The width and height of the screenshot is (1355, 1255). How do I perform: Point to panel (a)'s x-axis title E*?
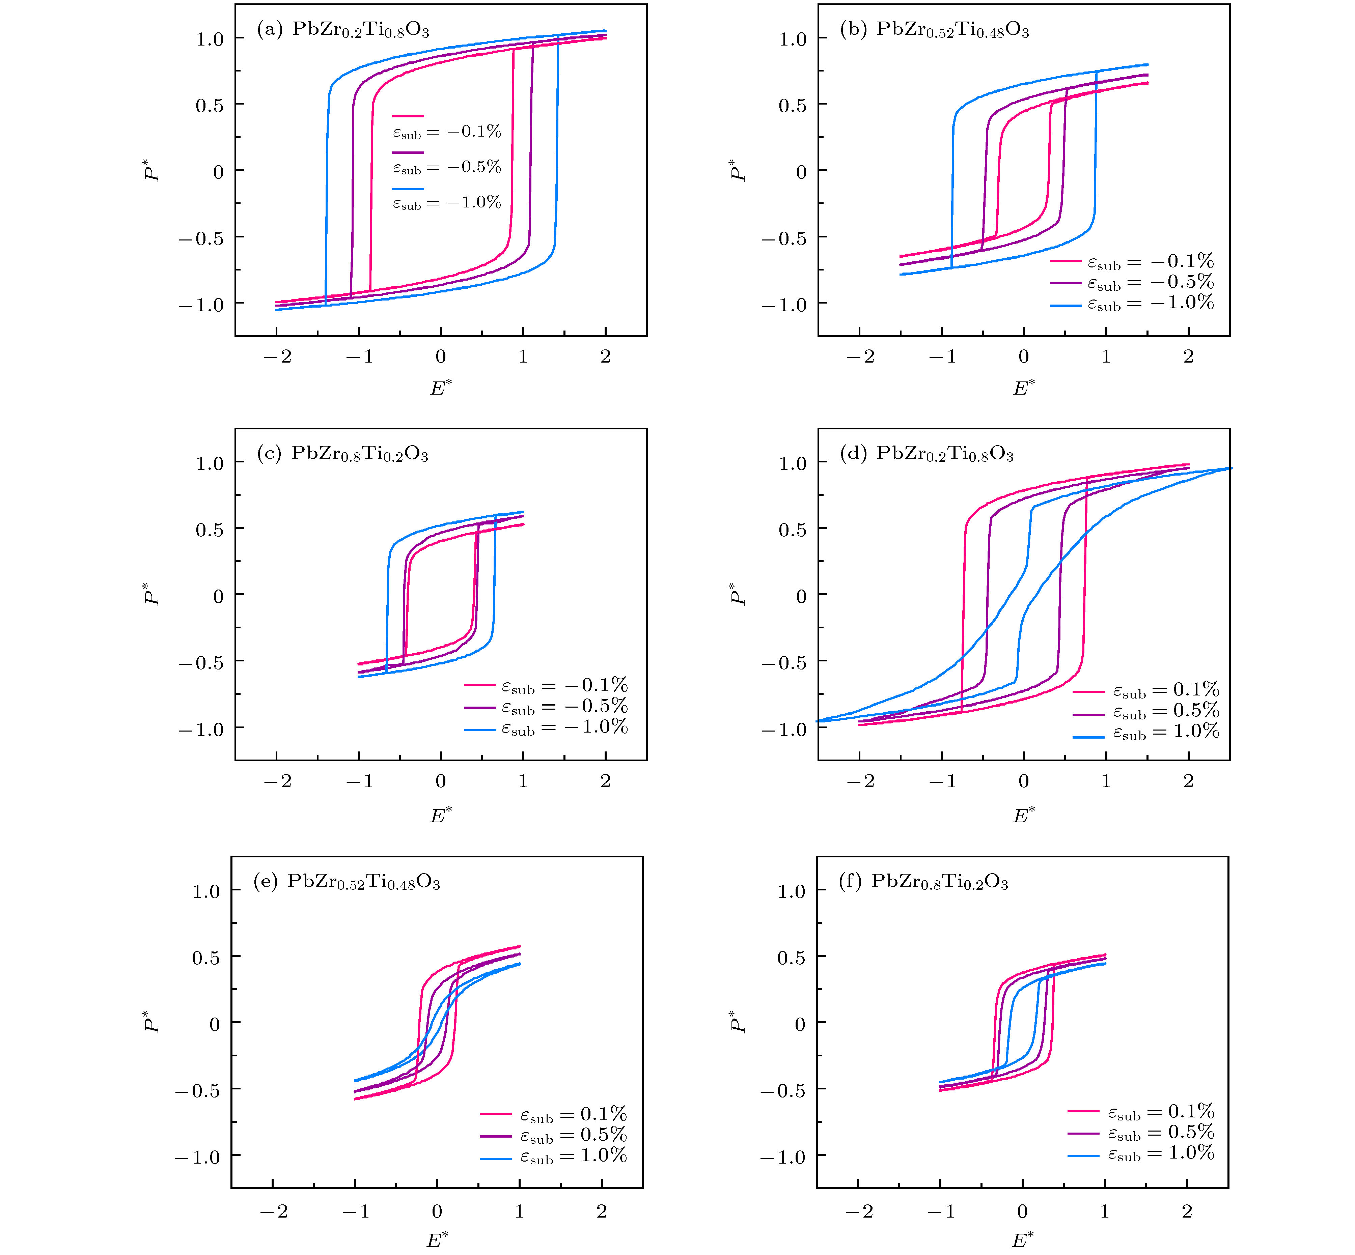point(441,388)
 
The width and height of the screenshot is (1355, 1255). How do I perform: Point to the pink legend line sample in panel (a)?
point(408,116)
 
